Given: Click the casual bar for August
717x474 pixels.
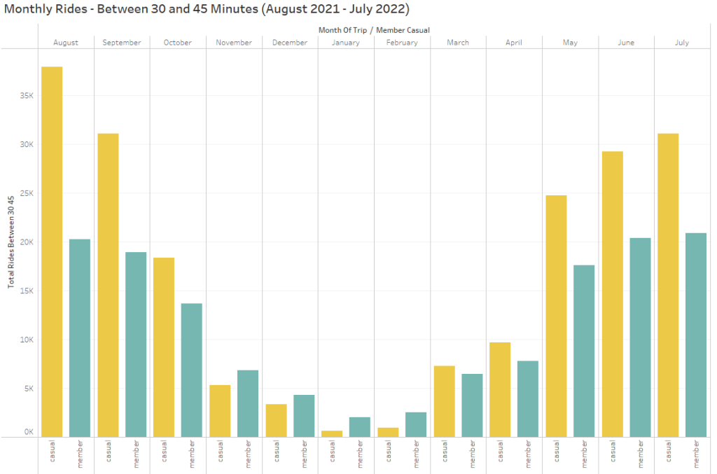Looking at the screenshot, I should click(52, 252).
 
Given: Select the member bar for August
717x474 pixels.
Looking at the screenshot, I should click(80, 338).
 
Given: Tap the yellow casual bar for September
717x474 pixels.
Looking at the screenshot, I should click(108, 285).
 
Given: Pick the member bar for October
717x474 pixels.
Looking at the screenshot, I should click(192, 370).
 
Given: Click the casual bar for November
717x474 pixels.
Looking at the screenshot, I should click(220, 411).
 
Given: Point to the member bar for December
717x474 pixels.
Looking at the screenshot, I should click(304, 416).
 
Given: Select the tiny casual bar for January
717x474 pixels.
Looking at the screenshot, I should click(332, 434).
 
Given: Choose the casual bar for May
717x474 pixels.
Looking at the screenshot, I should click(556, 316).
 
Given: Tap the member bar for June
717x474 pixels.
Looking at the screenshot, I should click(640, 337).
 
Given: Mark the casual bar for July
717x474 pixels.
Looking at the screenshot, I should click(668, 285).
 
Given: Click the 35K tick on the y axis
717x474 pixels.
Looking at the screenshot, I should click(26, 95).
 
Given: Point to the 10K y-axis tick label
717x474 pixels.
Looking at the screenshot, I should click(26, 340).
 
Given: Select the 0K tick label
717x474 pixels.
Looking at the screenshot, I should click(28, 432).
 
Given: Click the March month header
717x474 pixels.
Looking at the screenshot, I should click(458, 43).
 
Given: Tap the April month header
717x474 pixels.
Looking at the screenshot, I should click(514, 43).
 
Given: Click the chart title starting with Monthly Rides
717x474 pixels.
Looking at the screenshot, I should click(207, 10).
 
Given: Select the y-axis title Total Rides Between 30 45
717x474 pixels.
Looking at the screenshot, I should click(11, 242).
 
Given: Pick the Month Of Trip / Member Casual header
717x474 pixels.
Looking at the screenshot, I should click(374, 30).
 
